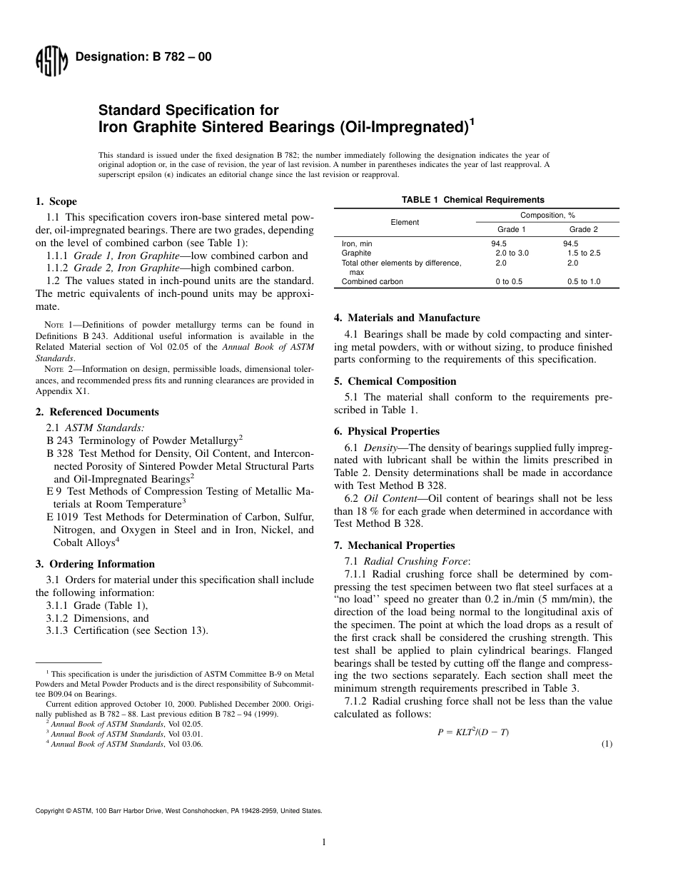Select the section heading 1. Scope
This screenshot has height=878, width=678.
pyautogui.click(x=56, y=201)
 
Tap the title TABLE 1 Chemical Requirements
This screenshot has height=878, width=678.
pyautogui.click(x=472, y=200)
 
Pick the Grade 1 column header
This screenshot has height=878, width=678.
pyautogui.click(x=511, y=229)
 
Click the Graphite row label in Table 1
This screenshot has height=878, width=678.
pyautogui.click(x=356, y=253)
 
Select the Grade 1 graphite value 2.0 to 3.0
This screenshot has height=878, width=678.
pyautogui.click(x=512, y=253)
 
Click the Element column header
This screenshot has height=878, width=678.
pyautogui.click(x=405, y=222)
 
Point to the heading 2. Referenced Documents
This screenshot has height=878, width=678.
pyautogui.click(x=97, y=412)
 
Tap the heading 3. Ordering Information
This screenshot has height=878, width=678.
pyautogui.click(x=95, y=564)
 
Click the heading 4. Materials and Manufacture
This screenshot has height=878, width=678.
pyautogui.click(x=407, y=318)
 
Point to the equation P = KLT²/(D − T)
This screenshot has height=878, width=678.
pyautogui.click(x=472, y=732)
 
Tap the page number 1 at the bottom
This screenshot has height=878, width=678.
pyautogui.click(x=324, y=842)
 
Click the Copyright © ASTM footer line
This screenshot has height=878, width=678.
pyautogui.click(x=178, y=811)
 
